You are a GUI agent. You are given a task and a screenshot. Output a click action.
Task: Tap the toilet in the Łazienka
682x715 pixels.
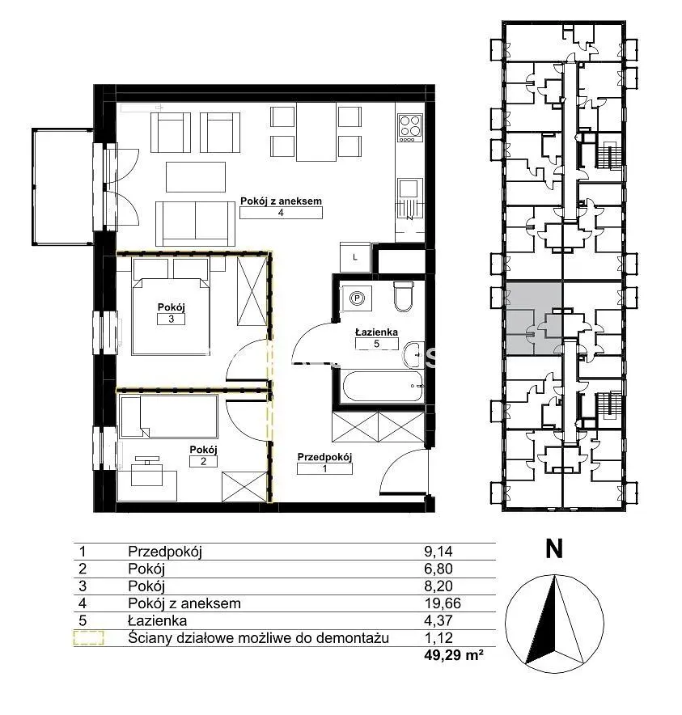(x=403, y=296)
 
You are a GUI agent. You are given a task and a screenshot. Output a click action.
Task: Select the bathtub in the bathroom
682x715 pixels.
(x=383, y=387)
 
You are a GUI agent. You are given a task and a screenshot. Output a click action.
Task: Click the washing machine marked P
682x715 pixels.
(x=357, y=298)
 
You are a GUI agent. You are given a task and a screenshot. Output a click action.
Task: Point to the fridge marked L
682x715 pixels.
(x=355, y=258)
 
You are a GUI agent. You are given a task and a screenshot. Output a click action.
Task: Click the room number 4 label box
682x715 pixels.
(x=281, y=213)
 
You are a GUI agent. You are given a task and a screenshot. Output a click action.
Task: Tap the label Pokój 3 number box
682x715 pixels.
(x=171, y=319)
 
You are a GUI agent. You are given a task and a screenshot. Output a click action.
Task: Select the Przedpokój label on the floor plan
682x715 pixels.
(x=324, y=457)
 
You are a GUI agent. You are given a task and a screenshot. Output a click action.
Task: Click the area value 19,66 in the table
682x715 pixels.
(x=443, y=603)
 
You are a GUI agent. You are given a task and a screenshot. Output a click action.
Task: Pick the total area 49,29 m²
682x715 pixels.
(x=454, y=655)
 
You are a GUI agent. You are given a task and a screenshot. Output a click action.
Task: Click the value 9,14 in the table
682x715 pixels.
(x=438, y=552)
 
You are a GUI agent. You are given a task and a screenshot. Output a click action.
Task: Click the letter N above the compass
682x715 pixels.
(x=554, y=549)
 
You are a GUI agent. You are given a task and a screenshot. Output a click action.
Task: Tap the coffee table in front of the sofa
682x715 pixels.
(x=196, y=177)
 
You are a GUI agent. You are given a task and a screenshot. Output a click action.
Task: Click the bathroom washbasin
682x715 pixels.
(x=414, y=353)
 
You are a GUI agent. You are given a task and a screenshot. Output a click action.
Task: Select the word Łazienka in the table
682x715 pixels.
(x=158, y=620)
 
